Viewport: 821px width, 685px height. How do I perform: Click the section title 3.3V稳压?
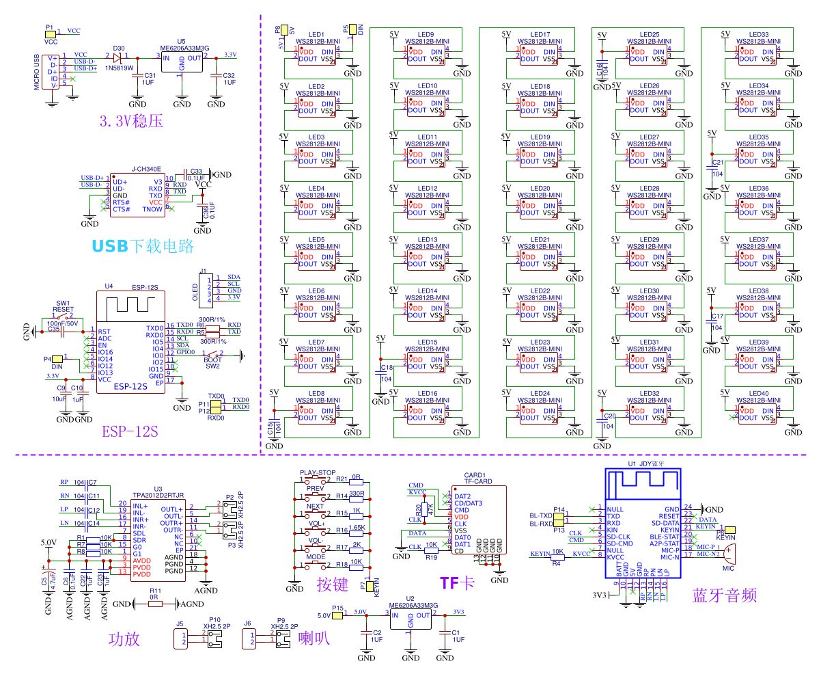pyautogui.click(x=131, y=122)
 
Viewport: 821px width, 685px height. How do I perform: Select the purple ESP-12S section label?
pyautogui.click(x=130, y=431)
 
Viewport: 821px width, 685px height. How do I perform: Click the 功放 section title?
pyautogui.click(x=124, y=639)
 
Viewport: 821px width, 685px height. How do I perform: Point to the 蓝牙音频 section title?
pyautogui.click(x=724, y=595)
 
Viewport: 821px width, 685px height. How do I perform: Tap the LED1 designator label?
pyautogui.click(x=316, y=34)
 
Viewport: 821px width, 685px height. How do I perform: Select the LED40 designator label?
pyautogui.click(x=759, y=393)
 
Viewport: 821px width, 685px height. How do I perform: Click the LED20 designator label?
pyautogui.click(x=540, y=188)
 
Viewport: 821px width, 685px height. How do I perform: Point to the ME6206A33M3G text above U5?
pyautogui.click(x=184, y=49)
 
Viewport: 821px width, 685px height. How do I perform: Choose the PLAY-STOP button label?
pyautogui.click(x=318, y=472)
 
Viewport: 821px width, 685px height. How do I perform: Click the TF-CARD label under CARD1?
pyautogui.click(x=478, y=481)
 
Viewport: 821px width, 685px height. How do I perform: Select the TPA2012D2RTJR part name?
pyautogui.click(x=158, y=495)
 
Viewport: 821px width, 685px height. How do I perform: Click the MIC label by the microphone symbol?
pyautogui.click(x=728, y=568)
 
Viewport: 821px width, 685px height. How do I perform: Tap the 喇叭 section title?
pyautogui.click(x=314, y=639)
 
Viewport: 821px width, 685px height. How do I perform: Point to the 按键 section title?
pyautogui.click(x=333, y=585)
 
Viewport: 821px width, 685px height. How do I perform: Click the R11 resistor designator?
pyautogui.click(x=156, y=591)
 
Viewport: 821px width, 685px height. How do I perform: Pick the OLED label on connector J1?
pyautogui.click(x=196, y=292)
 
